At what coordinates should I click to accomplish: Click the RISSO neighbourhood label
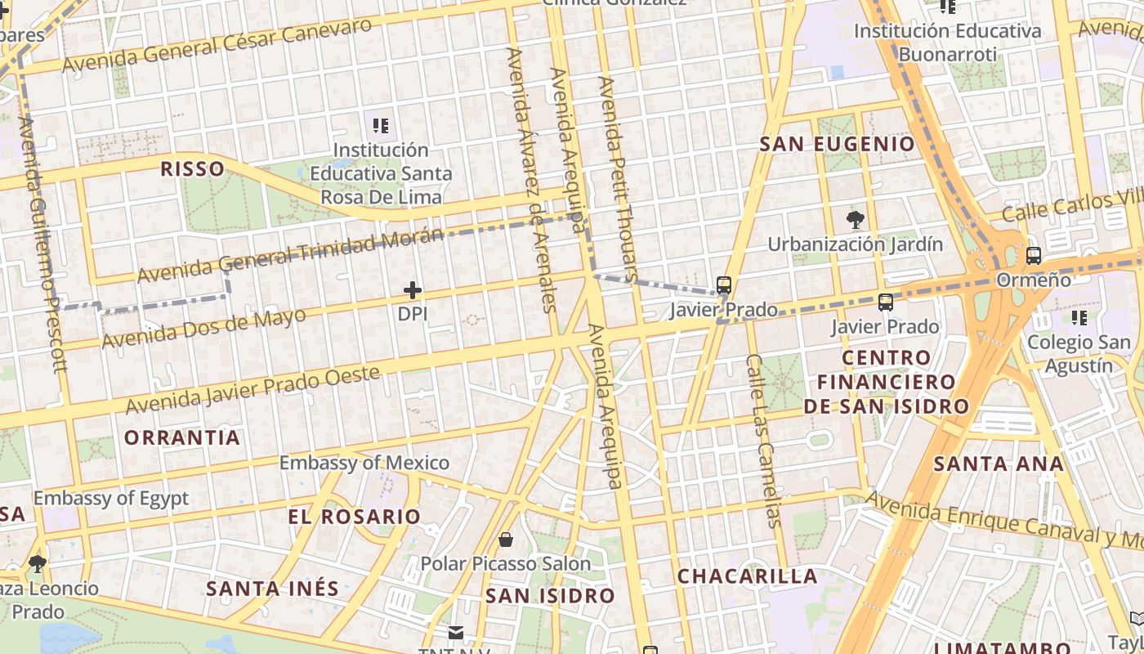(192, 169)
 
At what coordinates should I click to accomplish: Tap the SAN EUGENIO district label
(838, 145)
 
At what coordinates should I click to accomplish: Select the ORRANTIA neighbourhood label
(182, 437)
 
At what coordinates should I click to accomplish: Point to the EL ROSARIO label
(354, 517)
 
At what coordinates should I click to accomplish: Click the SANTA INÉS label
(272, 589)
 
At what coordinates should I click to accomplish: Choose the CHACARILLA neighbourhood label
(748, 576)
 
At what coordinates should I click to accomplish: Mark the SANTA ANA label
(999, 464)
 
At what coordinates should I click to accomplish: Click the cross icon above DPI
(413, 290)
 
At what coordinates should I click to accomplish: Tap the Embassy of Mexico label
(364, 463)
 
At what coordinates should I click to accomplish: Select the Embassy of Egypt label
(111, 498)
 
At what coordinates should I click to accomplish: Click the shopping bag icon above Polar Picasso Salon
(506, 540)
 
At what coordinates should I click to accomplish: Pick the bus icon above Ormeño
(1034, 256)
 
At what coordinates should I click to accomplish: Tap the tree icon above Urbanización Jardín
(856, 219)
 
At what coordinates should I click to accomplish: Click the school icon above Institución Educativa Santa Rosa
(381, 126)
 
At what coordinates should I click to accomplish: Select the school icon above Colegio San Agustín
(1079, 317)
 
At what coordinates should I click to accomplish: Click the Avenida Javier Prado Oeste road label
(252, 390)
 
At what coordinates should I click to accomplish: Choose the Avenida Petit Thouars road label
(618, 179)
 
